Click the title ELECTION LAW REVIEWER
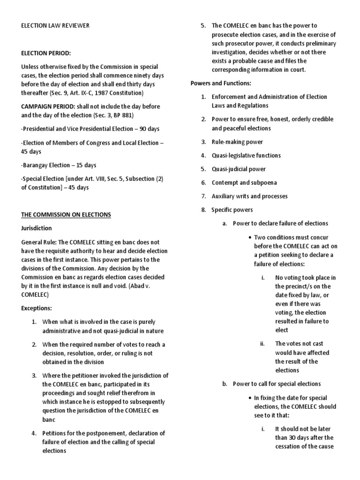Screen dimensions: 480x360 coord(55,26)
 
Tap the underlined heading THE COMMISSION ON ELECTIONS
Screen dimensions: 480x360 coord(66,215)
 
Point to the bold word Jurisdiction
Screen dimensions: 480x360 coord(37,228)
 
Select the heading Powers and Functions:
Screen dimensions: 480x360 coord(221,83)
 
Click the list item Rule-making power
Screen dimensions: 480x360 coord(237,142)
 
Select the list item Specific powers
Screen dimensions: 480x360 coord(232,210)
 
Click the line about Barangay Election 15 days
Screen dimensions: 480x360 coord(59,165)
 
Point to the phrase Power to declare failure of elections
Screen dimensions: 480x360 coord(280,223)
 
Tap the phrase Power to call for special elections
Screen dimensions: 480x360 coord(277,384)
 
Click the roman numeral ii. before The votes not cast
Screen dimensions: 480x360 coord(262,344)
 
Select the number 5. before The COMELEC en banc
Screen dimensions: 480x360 coord(203,26)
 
